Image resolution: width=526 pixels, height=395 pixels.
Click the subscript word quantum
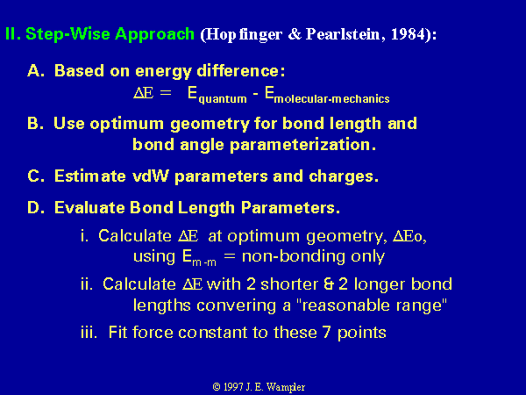point(223,99)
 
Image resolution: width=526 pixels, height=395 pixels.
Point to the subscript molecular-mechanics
point(331,98)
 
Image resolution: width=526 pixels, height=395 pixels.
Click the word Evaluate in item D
point(89,207)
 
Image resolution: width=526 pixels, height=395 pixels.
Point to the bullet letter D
point(35,207)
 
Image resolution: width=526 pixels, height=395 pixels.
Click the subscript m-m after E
point(204,262)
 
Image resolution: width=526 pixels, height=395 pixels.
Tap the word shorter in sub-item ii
point(289,284)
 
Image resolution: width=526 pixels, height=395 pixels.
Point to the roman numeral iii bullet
point(89,333)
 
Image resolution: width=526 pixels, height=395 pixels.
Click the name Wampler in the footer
point(286,387)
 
